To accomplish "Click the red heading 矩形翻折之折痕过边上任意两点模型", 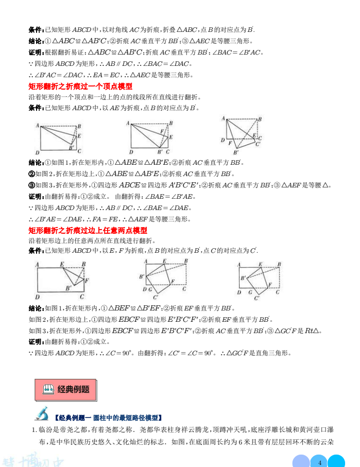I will pos(88,230).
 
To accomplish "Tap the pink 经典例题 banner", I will pos(66,390).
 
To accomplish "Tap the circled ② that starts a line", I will pos(31,174).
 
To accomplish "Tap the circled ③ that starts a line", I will pos(31,185).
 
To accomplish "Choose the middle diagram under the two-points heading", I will pos(163,279).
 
